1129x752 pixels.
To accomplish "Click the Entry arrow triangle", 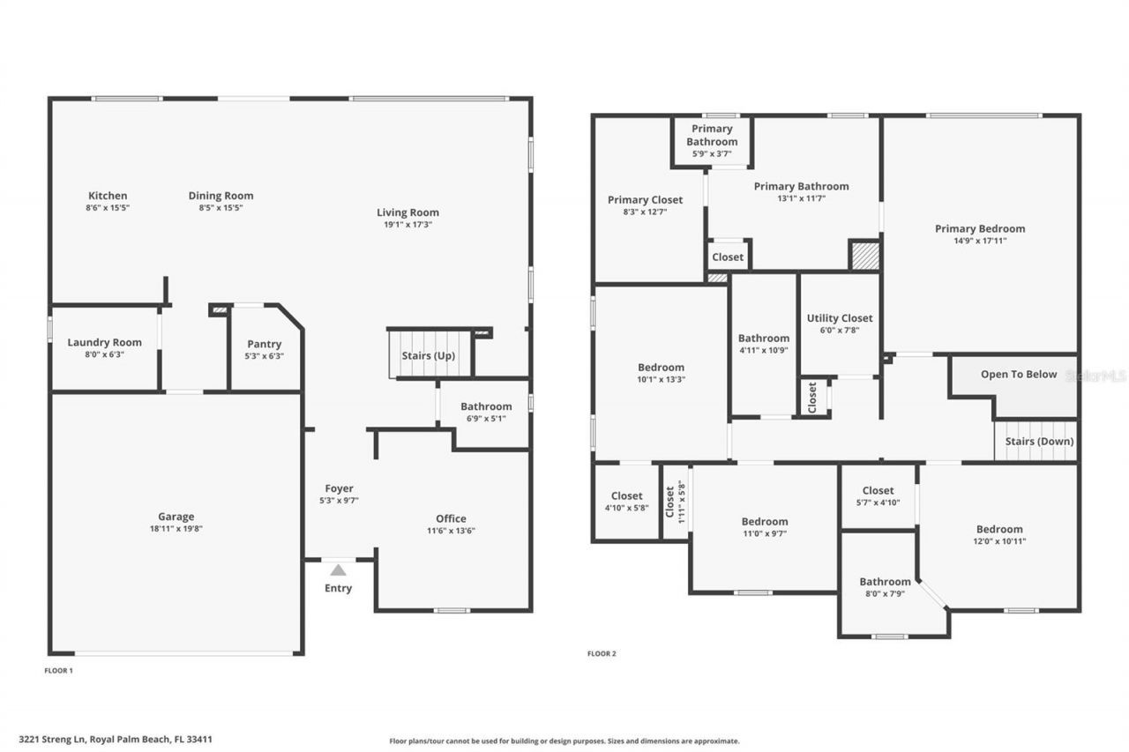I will coord(338,570).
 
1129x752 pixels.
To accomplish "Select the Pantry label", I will coord(265,344).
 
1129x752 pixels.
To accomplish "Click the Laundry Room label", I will coord(104,342).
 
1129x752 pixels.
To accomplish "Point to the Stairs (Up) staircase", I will coord(430,354).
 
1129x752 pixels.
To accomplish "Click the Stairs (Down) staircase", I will coord(1036,441).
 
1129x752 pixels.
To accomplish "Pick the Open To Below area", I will coord(1019,375).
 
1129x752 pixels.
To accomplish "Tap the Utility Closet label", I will coord(840,318).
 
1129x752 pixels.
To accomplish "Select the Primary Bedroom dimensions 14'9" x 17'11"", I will coord(980,241).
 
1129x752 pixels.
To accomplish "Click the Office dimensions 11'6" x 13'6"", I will coord(451,531).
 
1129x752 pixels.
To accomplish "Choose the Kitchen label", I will coord(108,196).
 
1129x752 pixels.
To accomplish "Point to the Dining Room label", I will coord(221,196).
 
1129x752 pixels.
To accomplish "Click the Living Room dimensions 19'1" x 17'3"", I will coord(407,225).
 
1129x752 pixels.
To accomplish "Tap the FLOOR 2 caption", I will coord(602,653).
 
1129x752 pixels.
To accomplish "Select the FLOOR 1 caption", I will coord(58,671).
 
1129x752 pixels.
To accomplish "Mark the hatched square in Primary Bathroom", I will coord(864,256).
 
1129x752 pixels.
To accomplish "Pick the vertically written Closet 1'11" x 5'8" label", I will coord(675,502).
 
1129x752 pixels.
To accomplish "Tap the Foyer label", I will coord(339,488).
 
